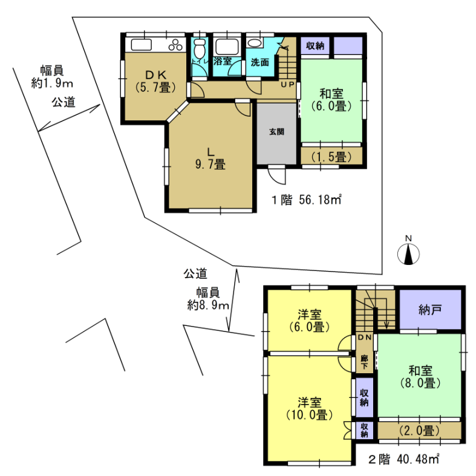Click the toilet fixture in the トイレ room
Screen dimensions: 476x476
click(x=200, y=48)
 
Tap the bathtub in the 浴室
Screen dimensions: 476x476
click(x=227, y=47)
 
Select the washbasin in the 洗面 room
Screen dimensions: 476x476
click(x=255, y=43)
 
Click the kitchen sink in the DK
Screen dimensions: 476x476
click(x=141, y=45)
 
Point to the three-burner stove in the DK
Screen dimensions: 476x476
click(x=175, y=45)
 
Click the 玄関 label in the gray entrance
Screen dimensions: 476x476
click(x=276, y=132)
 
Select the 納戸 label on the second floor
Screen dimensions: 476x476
click(x=430, y=310)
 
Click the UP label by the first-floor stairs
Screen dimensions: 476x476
click(x=287, y=85)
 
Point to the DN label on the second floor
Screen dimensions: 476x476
click(x=365, y=337)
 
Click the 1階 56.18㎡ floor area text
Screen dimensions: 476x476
click(x=307, y=200)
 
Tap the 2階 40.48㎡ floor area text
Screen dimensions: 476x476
click(x=404, y=459)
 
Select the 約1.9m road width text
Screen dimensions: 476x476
click(x=52, y=83)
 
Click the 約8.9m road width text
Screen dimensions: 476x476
click(x=208, y=305)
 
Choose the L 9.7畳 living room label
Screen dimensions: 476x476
click(x=210, y=158)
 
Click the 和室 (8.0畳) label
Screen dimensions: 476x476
click(x=420, y=377)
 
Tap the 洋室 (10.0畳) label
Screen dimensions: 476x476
click(x=309, y=409)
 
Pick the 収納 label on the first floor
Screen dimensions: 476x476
click(x=315, y=46)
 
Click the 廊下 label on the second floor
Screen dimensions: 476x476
click(x=365, y=362)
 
